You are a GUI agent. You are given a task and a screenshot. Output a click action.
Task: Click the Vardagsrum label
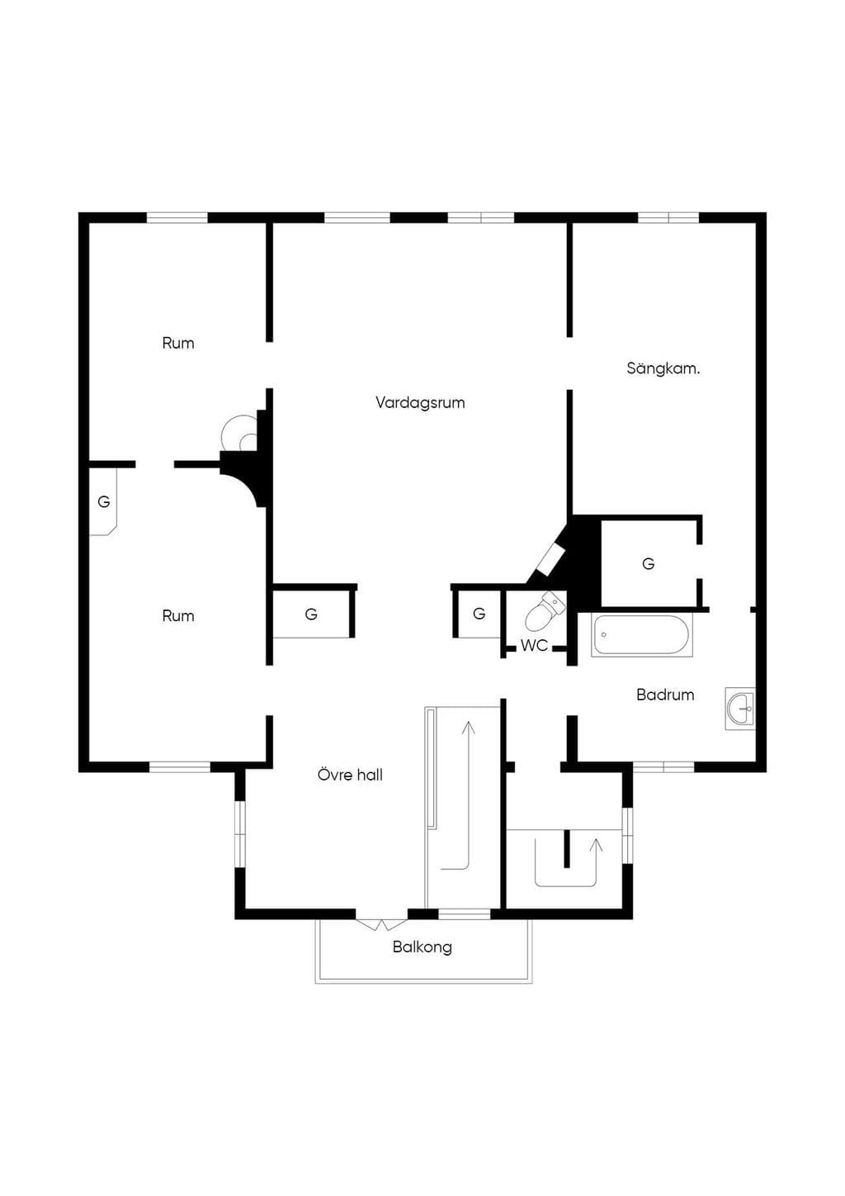420,402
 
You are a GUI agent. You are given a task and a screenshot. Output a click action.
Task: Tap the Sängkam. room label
663,368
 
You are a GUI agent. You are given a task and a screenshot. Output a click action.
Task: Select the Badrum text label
665,695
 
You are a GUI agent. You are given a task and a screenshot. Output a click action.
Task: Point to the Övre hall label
350,774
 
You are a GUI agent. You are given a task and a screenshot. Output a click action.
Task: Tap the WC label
534,646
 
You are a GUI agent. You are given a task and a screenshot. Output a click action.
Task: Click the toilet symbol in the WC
544,612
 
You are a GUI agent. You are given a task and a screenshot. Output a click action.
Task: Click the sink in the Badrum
740,709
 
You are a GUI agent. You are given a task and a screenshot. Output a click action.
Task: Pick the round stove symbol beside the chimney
240,433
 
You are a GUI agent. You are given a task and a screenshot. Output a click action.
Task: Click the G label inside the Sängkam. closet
648,563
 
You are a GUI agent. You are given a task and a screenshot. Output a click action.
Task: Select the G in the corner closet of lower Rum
104,501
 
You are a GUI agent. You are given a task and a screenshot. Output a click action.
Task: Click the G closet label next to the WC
479,614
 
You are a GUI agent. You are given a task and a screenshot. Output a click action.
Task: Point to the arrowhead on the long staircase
469,728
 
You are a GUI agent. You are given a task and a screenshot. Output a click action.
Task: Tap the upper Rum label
178,343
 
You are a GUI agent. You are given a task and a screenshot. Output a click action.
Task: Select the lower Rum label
178,615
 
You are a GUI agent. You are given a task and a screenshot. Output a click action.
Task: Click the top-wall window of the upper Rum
177,217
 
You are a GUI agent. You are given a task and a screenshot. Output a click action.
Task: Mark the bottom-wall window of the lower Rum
180,767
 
